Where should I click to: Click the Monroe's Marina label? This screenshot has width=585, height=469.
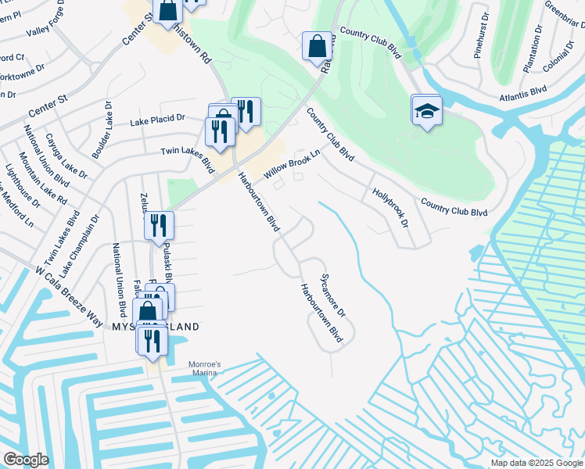[206, 367]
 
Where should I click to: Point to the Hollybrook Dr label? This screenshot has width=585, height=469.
[390, 207]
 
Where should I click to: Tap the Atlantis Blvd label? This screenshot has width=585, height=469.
[522, 94]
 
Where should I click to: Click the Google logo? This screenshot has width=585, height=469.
[26, 460]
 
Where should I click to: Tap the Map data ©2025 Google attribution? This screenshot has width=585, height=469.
[536, 463]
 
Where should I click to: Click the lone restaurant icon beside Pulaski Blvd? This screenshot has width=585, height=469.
[158, 226]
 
